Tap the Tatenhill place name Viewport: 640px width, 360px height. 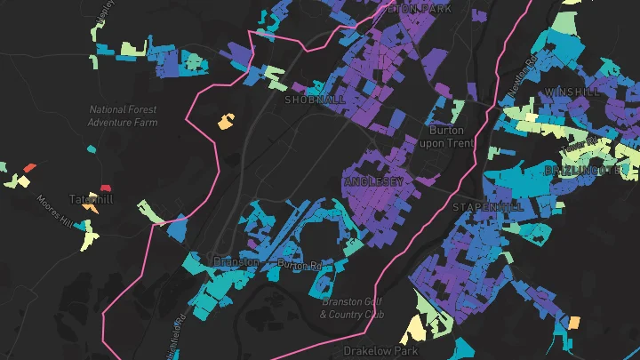[x=92, y=199]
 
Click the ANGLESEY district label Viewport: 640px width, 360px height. [x=373, y=181]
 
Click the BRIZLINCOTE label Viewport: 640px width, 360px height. [x=582, y=169]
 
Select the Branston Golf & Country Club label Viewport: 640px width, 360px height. [x=352, y=308]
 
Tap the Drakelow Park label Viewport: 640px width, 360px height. [x=380, y=350]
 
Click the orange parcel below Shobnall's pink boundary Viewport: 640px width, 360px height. [x=226, y=121]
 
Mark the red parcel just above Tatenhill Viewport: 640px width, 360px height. [x=106, y=188]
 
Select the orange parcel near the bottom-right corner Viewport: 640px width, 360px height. [x=574, y=321]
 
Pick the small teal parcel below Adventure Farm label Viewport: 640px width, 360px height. [x=91, y=148]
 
